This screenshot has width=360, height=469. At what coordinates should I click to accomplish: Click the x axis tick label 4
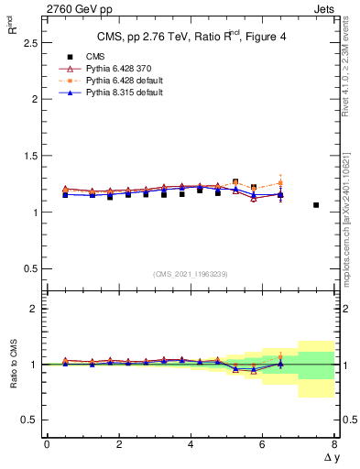click(x=191, y=444)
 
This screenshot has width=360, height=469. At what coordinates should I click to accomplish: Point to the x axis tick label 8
click(x=334, y=444)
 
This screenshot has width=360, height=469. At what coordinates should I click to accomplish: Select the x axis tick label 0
click(x=47, y=444)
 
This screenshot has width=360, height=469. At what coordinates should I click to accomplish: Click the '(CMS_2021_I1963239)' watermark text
click(x=191, y=274)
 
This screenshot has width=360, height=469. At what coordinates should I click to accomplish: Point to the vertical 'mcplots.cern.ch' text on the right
click(x=348, y=229)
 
